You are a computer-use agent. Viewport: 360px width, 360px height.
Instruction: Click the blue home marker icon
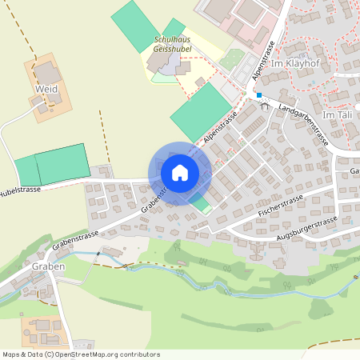pyautogui.click(x=179, y=172)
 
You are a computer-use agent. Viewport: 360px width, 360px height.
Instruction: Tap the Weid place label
pyautogui.click(x=46, y=89)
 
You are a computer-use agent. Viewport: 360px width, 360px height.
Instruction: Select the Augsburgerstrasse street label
pyautogui.click(x=305, y=226)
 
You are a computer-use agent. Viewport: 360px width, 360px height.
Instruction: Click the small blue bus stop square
pyautogui.click(x=259, y=94)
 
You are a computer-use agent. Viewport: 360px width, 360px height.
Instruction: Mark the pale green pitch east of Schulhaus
pyautogui.click(x=233, y=60)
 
